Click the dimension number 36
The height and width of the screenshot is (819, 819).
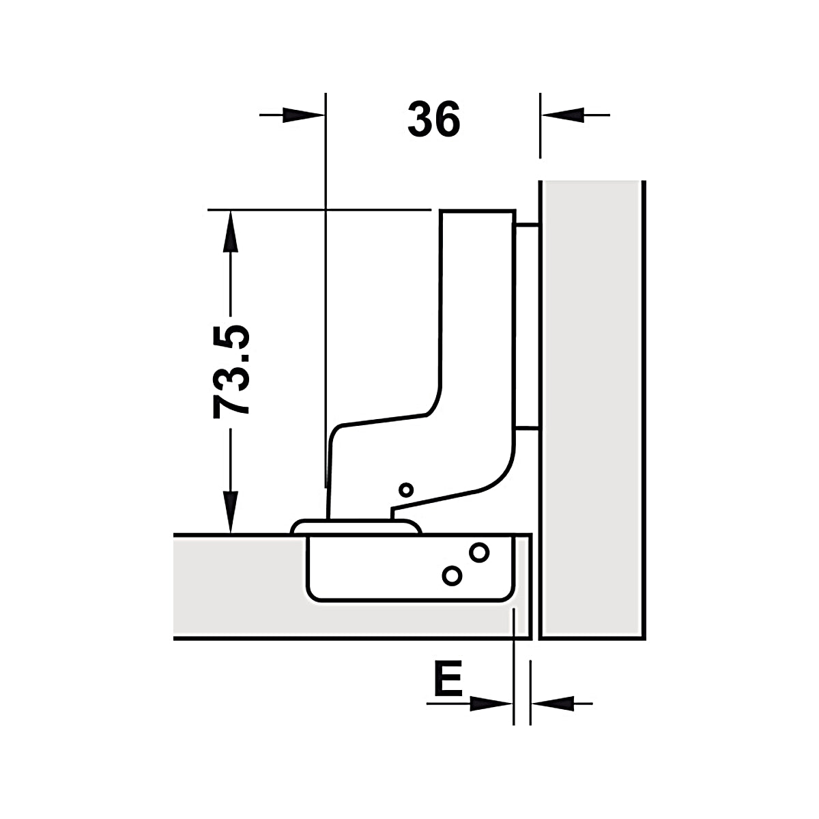pos(433,119)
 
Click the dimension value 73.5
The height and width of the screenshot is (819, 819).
pos(231,372)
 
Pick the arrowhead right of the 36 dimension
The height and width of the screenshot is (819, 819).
pos(562,115)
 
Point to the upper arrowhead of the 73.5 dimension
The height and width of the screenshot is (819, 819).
pos(231,231)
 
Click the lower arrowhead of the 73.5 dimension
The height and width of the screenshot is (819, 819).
pos(231,512)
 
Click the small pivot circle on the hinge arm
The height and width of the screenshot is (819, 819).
pos(406,490)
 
